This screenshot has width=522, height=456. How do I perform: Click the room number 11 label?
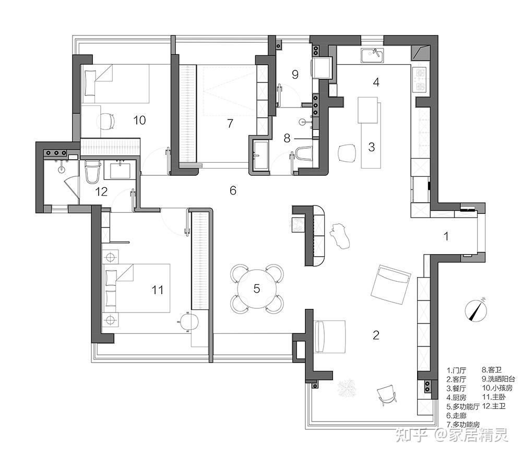[157, 290]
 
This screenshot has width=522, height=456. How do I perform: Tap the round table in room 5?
[257, 288]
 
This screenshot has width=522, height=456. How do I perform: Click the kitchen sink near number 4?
[372, 54]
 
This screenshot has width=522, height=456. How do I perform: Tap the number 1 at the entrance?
[446, 236]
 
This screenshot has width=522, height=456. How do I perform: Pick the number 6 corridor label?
[233, 190]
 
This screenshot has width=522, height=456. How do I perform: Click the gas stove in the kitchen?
[421, 79]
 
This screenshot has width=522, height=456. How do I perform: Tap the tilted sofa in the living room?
[390, 284]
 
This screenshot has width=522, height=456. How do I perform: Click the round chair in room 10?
[106, 121]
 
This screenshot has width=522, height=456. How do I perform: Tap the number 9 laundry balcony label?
[295, 75]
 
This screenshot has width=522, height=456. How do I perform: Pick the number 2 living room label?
[376, 335]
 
